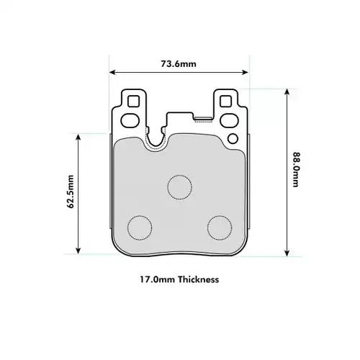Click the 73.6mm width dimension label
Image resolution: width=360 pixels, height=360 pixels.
pos(179,64)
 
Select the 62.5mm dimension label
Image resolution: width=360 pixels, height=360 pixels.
pos(70,192)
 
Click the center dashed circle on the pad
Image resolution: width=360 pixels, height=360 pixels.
pos(179,186)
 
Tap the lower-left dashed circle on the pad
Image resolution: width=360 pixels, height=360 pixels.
pos(140,228)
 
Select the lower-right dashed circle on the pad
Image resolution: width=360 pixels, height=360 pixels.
pos(219,228)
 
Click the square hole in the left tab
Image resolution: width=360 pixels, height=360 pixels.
pos(132,102)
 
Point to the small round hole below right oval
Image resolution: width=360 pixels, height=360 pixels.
pos(232,137)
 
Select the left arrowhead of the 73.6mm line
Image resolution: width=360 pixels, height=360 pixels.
pos(112,71)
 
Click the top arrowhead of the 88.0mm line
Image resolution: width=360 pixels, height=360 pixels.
pos(287,91)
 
